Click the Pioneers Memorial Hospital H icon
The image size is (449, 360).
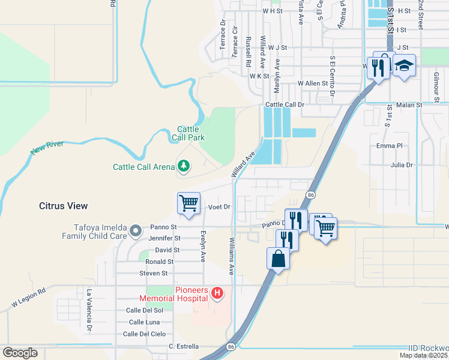pos(218,293)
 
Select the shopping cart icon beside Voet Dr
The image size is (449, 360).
pos(188,203)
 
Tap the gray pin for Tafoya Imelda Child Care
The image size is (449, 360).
pos(136,230)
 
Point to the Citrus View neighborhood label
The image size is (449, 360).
pos(63,206)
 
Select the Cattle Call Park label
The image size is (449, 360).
pos(191,133)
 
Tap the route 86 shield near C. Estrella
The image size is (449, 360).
pos(231,347)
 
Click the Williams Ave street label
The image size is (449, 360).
pos(232,255)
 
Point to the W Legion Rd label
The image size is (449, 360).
pos(28,299)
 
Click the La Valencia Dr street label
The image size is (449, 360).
pos(89,311)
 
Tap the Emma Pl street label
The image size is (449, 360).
pos(389,146)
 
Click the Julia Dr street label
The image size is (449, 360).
pos(402,164)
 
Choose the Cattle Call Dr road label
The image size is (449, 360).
pos(285,104)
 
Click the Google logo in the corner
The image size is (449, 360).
pos(20,353)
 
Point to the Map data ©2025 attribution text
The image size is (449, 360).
pos(423,355)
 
